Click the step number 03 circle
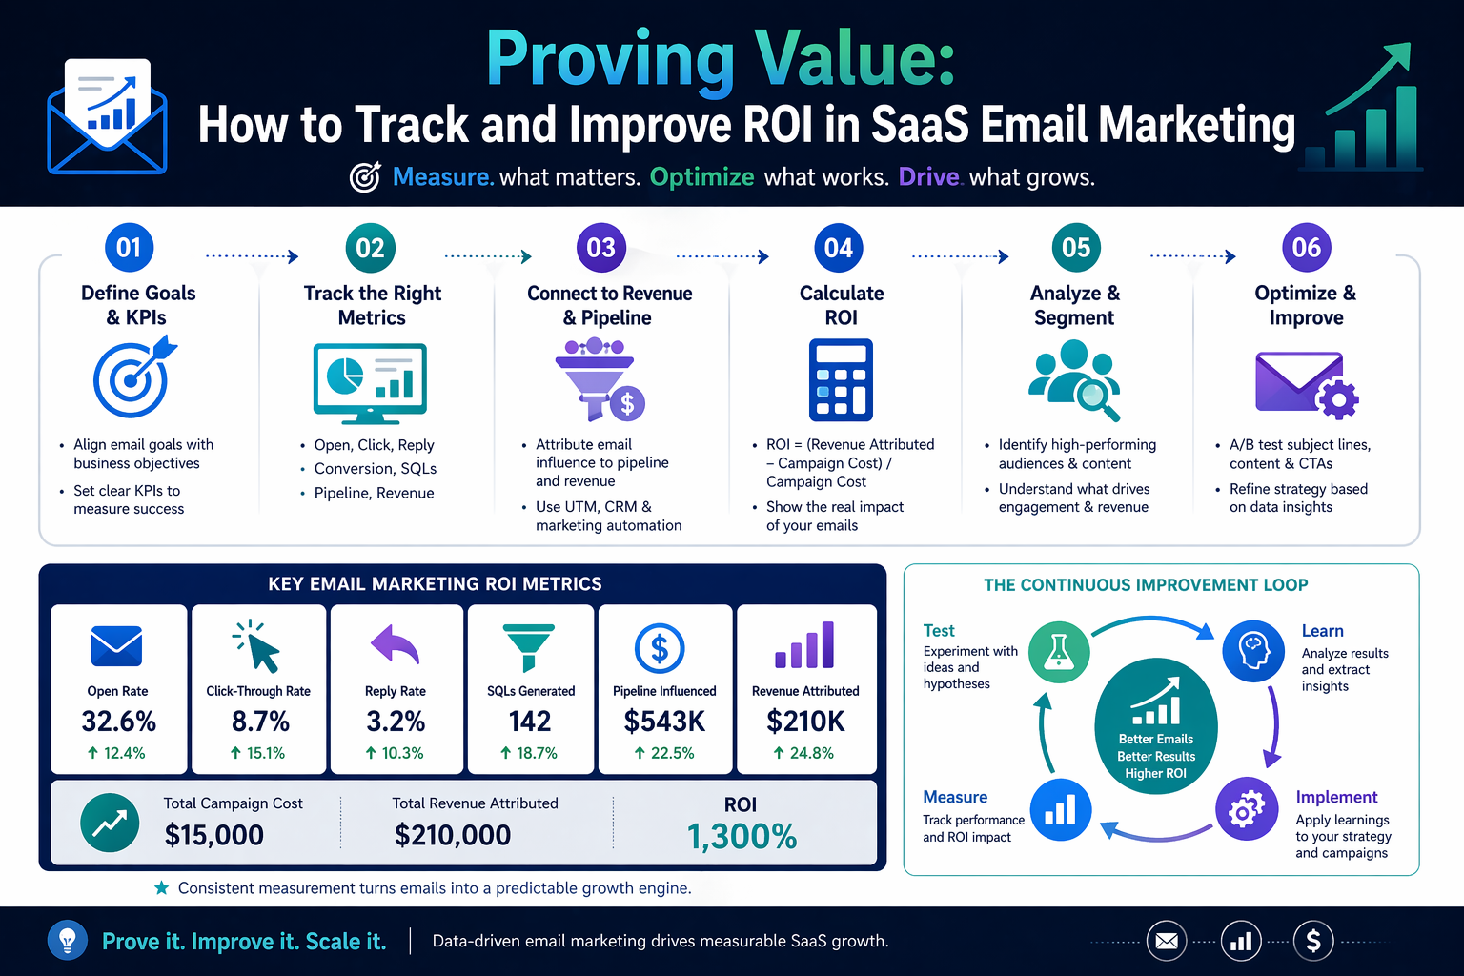(x=600, y=248)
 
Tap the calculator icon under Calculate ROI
(x=841, y=381)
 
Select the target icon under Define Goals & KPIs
(x=133, y=378)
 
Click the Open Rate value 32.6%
(x=119, y=722)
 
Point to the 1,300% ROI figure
(x=742, y=837)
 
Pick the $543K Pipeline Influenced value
(x=664, y=722)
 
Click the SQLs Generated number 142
(x=530, y=722)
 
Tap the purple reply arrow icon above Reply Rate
(x=395, y=645)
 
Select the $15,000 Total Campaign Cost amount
(x=214, y=835)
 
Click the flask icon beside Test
(x=1059, y=651)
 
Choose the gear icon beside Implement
(x=1246, y=809)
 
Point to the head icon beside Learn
(x=1253, y=651)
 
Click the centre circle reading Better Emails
(x=1155, y=725)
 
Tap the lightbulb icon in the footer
(x=68, y=941)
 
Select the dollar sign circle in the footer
(x=1313, y=941)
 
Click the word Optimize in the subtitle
(x=701, y=177)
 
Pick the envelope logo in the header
(x=107, y=118)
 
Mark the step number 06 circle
(x=1306, y=248)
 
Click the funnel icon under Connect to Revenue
(x=599, y=380)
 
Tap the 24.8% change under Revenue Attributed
(x=804, y=753)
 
